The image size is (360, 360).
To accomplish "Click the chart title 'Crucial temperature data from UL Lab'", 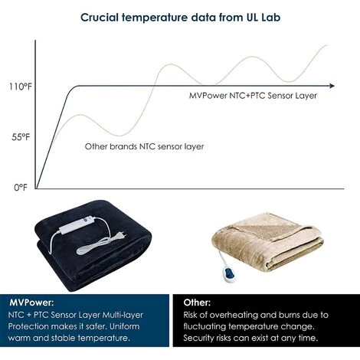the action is (x=181, y=18).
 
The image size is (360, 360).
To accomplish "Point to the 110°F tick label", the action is (x=21, y=87).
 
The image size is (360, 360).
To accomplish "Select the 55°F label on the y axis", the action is (x=21, y=137).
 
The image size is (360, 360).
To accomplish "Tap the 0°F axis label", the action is (x=21, y=188).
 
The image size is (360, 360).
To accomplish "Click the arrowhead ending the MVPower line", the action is (x=332, y=86).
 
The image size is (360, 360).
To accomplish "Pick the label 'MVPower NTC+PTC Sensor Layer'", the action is (x=253, y=96).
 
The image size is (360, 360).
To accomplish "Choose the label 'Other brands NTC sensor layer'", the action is (x=144, y=146).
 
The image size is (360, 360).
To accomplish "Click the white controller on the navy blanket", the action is (x=77, y=224).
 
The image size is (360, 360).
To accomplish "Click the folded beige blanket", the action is (x=267, y=241).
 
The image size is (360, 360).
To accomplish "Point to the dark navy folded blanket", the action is (x=93, y=246).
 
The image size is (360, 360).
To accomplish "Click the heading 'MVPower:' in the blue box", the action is (x=31, y=303).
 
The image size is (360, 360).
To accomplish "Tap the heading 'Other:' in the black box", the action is (x=197, y=303).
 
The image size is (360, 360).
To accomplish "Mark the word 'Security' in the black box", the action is (x=198, y=338).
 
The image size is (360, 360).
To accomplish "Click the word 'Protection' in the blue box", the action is (x=28, y=326).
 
